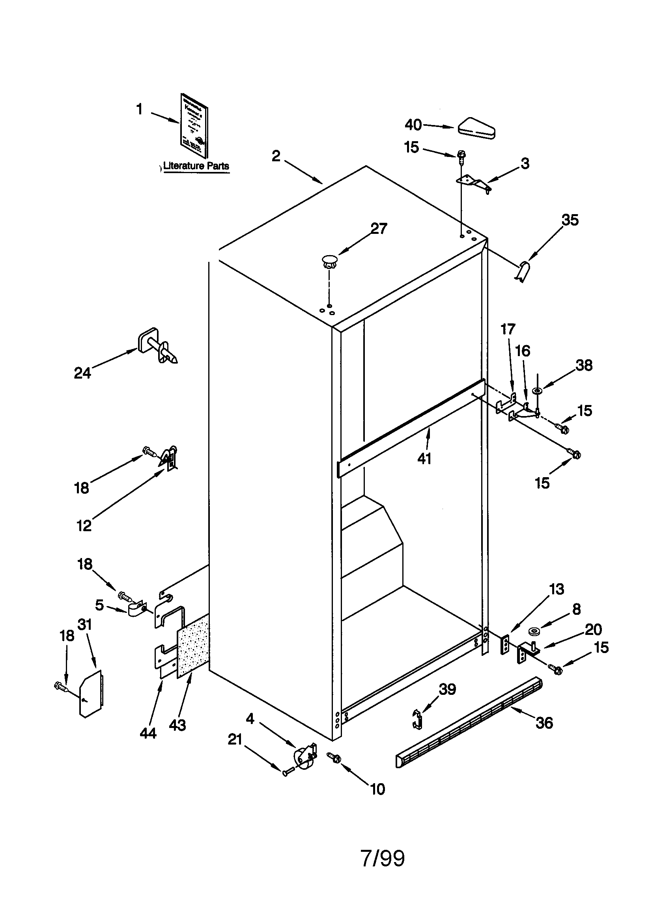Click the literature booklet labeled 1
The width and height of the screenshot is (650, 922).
pyautogui.click(x=194, y=126)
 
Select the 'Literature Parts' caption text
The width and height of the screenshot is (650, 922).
pyautogui.click(x=196, y=166)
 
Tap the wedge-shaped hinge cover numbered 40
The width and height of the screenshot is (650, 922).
pyautogui.click(x=476, y=129)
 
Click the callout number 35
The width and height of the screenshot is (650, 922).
pyautogui.click(x=570, y=220)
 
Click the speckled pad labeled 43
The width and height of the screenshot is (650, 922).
pyautogui.click(x=193, y=650)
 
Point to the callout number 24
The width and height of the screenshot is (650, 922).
pyautogui.click(x=82, y=373)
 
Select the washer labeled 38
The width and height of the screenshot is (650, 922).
pyautogui.click(x=538, y=390)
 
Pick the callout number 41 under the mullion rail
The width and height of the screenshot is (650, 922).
pyautogui.click(x=424, y=458)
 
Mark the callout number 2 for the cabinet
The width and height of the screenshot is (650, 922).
pyautogui.click(x=276, y=156)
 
